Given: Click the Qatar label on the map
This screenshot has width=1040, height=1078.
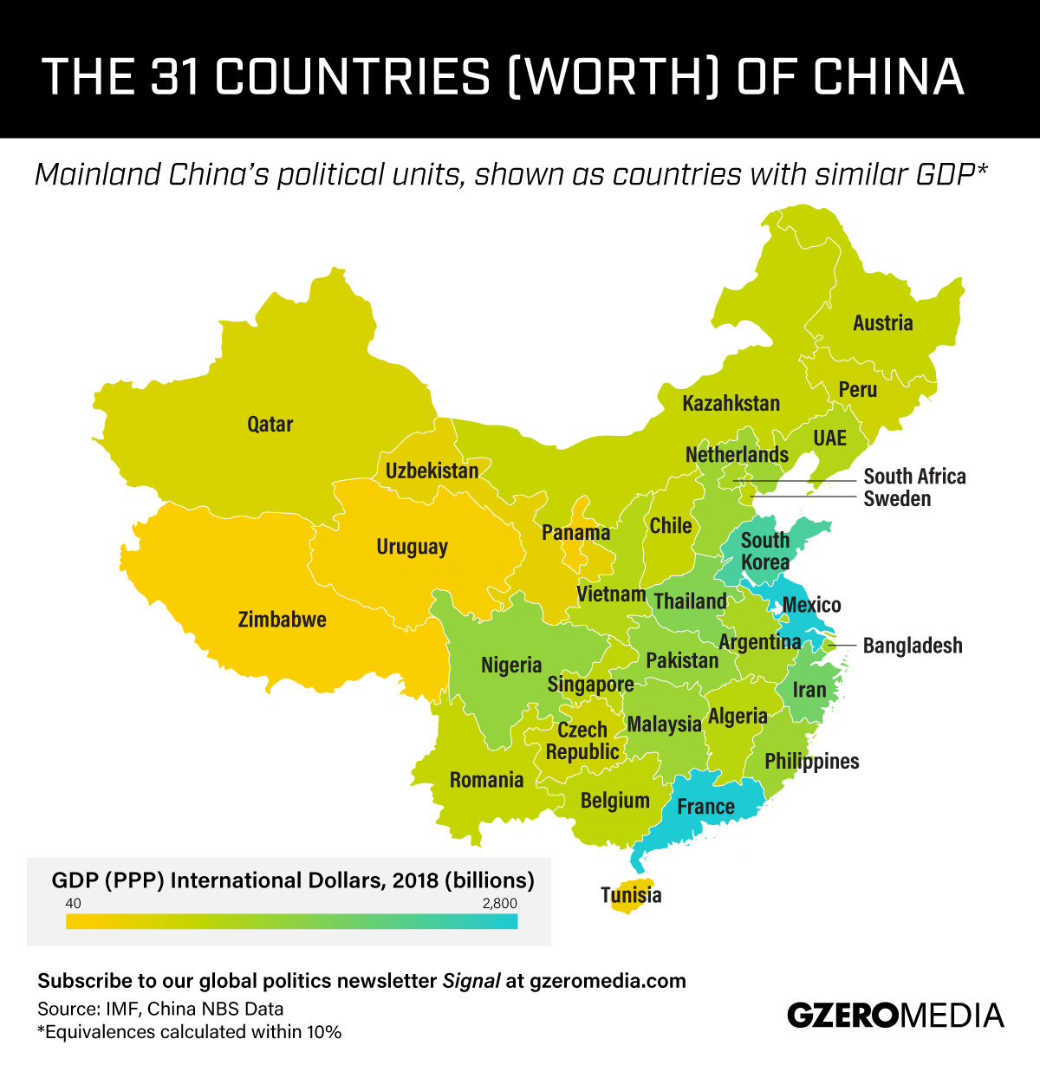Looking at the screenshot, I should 270,425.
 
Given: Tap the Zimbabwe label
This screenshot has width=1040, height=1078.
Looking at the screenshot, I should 282,620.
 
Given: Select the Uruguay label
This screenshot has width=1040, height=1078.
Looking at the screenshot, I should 412,547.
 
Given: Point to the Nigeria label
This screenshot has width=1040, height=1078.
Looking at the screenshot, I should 511,665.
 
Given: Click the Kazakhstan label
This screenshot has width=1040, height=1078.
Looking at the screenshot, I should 731,403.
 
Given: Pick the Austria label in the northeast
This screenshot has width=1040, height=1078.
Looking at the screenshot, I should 882,323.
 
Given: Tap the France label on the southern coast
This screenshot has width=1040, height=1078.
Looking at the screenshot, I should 705,807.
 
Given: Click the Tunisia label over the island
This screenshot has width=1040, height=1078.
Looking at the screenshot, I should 631,895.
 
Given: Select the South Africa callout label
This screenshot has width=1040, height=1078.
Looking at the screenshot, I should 914,477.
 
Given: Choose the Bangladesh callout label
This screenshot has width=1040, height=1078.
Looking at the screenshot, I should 913,646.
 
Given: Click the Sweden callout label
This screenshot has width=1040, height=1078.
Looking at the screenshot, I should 897,499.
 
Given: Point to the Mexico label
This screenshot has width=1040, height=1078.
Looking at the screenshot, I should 811,605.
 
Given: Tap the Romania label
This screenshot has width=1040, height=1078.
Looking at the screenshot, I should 486,780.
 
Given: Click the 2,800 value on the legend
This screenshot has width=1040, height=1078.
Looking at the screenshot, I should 499,904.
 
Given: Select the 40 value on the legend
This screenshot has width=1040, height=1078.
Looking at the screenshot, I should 73,904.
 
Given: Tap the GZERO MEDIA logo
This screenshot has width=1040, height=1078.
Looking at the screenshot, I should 894,1015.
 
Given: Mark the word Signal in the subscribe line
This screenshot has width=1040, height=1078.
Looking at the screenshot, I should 471,981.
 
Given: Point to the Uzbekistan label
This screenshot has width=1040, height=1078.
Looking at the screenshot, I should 432,471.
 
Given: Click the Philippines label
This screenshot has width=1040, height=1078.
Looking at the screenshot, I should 811,762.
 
